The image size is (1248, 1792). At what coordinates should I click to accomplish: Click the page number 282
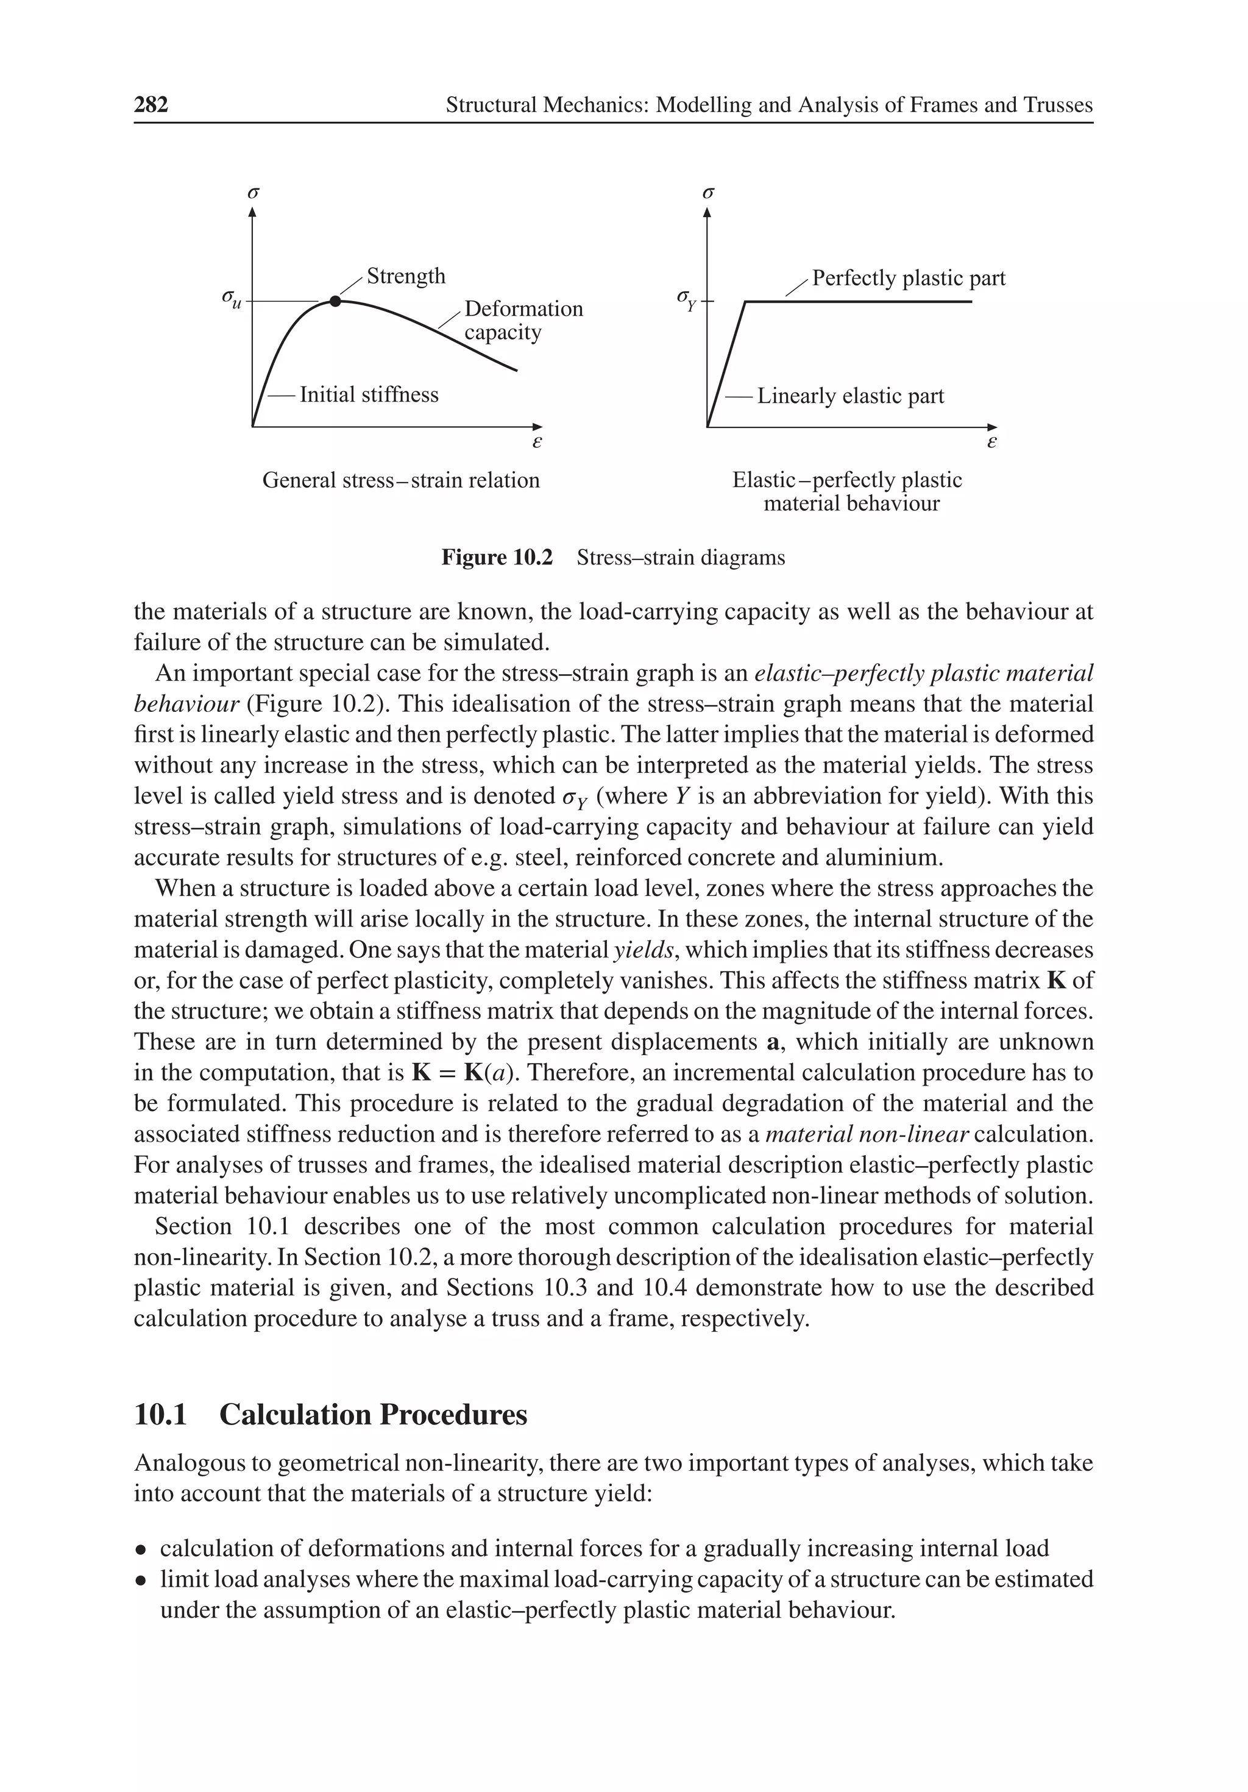(151, 105)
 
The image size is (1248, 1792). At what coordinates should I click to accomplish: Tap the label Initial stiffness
(369, 395)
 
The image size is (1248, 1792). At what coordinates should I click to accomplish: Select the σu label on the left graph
(231, 298)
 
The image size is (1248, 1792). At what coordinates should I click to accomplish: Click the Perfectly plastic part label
(909, 279)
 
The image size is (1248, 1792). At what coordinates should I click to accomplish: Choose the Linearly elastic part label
(850, 396)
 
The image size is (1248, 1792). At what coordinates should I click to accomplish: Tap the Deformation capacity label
(523, 321)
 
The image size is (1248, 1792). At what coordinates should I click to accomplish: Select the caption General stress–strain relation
(400, 480)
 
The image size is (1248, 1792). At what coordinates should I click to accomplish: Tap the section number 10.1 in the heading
(161, 1415)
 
